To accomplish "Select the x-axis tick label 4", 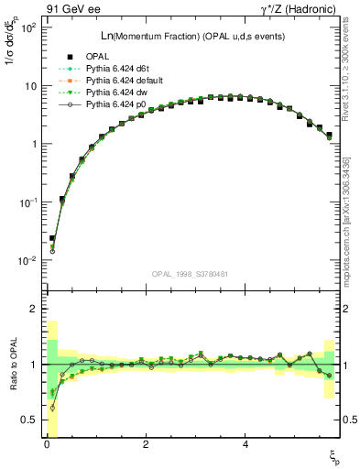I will click(x=245, y=444).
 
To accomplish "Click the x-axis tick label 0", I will click(x=47, y=444).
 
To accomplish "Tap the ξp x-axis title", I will click(x=334, y=455).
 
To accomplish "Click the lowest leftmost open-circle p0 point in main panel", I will click(x=52, y=250).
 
